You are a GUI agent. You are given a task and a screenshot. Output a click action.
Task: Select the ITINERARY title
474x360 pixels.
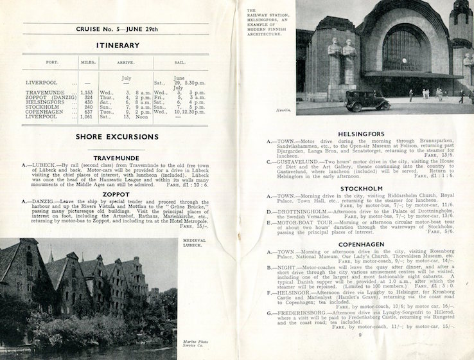point(116,46)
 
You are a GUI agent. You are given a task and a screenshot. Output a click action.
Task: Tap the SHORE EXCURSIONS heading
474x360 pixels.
point(116,137)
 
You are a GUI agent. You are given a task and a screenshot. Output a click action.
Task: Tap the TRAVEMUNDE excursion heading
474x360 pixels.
point(116,157)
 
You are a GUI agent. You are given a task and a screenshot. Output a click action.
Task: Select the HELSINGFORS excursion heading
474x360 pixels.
point(356,134)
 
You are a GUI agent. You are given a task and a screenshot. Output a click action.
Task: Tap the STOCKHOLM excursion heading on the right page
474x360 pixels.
point(356,188)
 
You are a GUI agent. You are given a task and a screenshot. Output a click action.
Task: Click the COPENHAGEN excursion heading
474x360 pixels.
point(356,244)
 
